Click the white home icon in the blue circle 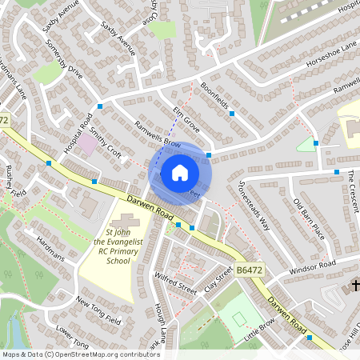(179, 171)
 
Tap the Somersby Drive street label (64, 60)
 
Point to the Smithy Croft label (104, 143)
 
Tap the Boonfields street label (214, 97)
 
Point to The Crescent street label (352, 192)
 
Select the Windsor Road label (314, 266)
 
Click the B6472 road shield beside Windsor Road (250, 272)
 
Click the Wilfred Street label (176, 283)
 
